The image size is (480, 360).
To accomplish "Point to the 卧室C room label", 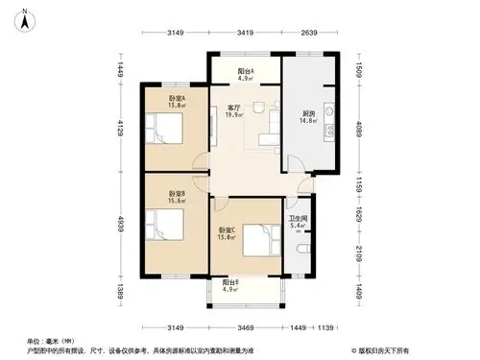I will tap(227, 230).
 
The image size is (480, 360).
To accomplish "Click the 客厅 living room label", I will tap(233, 107).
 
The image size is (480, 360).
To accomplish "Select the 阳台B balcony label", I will tap(230, 283).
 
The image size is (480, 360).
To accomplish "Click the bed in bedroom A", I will tap(163, 127).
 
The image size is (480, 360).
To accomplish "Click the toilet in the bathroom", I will tap(303, 249).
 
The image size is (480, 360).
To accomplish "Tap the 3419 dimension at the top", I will tap(245, 36).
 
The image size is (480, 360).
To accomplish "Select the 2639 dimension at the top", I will tap(309, 36).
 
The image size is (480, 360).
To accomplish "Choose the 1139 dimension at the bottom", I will tap(328, 328).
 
